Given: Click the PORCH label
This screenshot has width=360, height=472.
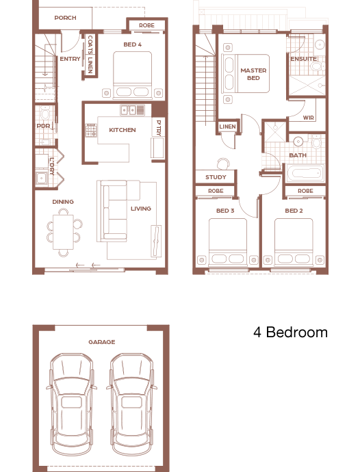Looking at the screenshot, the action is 65,18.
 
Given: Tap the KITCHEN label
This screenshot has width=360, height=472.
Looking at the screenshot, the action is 123,130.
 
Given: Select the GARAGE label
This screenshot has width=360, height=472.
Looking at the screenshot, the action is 102,342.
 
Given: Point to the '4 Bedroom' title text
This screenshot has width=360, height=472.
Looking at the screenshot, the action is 290,332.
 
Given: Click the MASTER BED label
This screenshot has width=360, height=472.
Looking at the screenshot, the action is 253,74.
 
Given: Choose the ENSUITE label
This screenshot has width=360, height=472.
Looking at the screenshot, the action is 304,59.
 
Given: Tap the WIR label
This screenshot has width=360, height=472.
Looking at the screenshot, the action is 308,118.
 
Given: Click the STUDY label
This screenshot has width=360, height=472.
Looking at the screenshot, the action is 216,177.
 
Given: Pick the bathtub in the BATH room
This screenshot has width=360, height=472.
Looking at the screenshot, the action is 305,173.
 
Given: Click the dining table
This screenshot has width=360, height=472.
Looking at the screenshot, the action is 63,231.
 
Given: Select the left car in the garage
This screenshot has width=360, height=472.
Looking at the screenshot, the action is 72,409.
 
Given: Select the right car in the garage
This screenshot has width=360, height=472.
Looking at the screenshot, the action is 131,409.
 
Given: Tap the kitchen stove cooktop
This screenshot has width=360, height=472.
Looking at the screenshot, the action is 92,130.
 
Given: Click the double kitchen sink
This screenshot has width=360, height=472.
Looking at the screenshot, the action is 129,110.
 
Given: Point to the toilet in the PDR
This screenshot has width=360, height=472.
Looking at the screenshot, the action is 45,113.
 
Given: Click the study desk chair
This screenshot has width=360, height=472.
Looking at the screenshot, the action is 223,163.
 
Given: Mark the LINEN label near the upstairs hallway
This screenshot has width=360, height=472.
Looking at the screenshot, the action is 227,127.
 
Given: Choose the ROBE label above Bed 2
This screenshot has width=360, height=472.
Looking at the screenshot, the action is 305,191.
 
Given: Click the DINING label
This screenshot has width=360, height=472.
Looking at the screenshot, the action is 63,202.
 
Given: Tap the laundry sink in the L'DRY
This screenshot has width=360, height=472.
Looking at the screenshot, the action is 41,179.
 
